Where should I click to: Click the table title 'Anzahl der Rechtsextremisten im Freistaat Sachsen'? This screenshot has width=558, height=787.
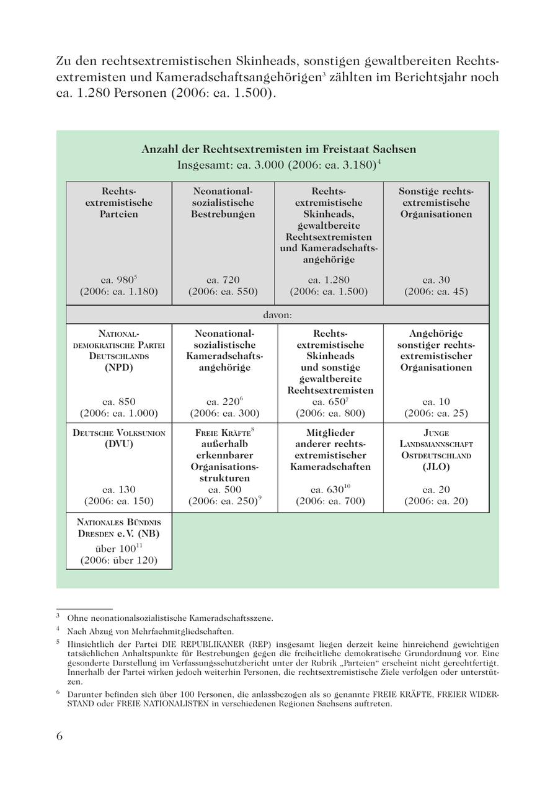(x=278, y=149)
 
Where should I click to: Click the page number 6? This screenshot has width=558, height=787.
(x=60, y=736)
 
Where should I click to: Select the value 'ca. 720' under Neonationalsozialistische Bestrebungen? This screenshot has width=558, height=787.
(x=223, y=280)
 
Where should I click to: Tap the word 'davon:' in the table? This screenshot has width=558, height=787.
(x=277, y=314)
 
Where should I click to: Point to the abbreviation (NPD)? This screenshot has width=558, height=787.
(x=119, y=367)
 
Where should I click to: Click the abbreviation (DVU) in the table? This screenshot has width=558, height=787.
(x=119, y=444)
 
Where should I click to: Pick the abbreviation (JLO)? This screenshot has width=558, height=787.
(x=436, y=466)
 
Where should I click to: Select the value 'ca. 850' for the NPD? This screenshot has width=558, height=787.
(x=118, y=401)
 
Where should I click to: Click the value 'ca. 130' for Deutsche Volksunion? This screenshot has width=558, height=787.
(x=118, y=489)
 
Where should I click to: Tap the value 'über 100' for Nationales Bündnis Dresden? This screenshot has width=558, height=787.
(x=115, y=549)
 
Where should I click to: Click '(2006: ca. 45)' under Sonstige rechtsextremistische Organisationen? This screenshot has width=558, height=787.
(x=436, y=291)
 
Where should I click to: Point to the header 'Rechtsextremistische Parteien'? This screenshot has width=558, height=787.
(x=119, y=202)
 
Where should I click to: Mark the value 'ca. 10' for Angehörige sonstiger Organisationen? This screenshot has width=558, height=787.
(x=436, y=401)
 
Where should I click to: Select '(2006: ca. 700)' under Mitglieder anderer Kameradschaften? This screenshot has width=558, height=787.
(x=330, y=501)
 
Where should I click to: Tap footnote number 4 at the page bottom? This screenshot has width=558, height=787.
(x=58, y=629)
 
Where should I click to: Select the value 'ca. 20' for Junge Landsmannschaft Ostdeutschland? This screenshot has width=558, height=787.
(x=436, y=489)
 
